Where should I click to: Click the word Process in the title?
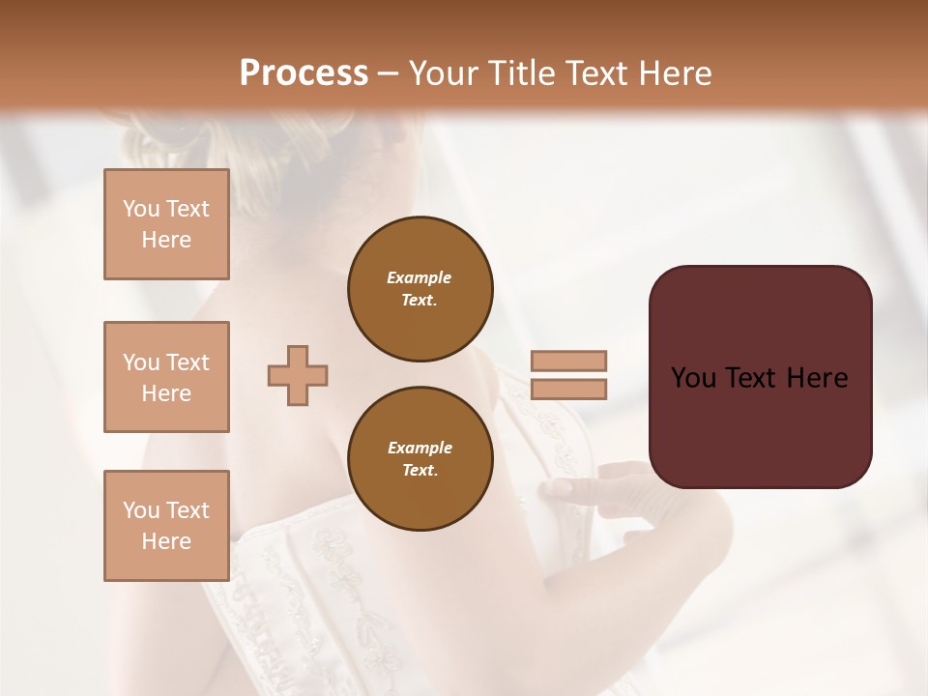[x=304, y=73]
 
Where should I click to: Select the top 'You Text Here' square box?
[x=166, y=224]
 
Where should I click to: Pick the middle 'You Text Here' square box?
[x=166, y=377]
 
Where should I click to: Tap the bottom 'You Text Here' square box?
[x=166, y=526]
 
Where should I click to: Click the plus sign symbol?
[x=298, y=375]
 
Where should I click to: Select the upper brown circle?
[x=420, y=289]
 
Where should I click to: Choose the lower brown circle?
[x=420, y=459]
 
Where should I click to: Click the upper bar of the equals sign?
[x=568, y=361]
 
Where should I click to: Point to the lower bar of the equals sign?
[x=568, y=390]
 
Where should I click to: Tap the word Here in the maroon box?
[x=817, y=378]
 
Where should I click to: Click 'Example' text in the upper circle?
[x=420, y=277]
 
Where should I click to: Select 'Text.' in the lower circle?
[x=420, y=471]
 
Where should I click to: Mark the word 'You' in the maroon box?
[x=693, y=378]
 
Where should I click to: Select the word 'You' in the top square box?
[x=140, y=209]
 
